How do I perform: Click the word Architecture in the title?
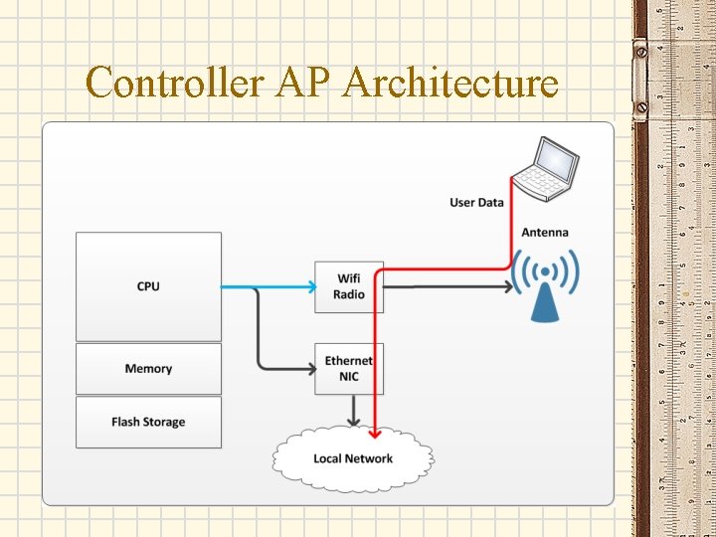pos(449,83)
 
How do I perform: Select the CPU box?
pos(148,286)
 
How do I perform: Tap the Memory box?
pos(148,369)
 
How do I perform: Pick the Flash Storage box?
pos(148,422)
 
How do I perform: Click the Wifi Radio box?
pos(348,286)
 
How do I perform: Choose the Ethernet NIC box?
pos(348,368)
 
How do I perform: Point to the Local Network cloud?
pos(353,458)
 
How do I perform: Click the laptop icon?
pos(548,166)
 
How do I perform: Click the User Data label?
pos(476,203)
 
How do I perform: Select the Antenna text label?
pos(545,233)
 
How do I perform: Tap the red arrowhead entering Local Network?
pos(375,433)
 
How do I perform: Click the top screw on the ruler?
pos(641,47)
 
